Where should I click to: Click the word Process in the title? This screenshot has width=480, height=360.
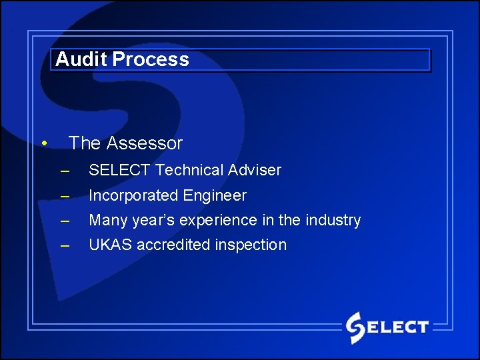pos(151,59)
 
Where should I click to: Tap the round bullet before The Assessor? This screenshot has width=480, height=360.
pos(43,143)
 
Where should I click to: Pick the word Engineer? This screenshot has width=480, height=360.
pos(215,195)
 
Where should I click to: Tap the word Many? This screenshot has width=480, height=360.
pos(108,220)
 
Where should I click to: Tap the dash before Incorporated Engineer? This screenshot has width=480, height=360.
pos(65,196)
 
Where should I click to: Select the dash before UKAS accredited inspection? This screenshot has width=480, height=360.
pos(65,245)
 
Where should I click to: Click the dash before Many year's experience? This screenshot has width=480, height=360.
pos(65,221)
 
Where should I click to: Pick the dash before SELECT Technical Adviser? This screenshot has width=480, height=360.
pos(65,171)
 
